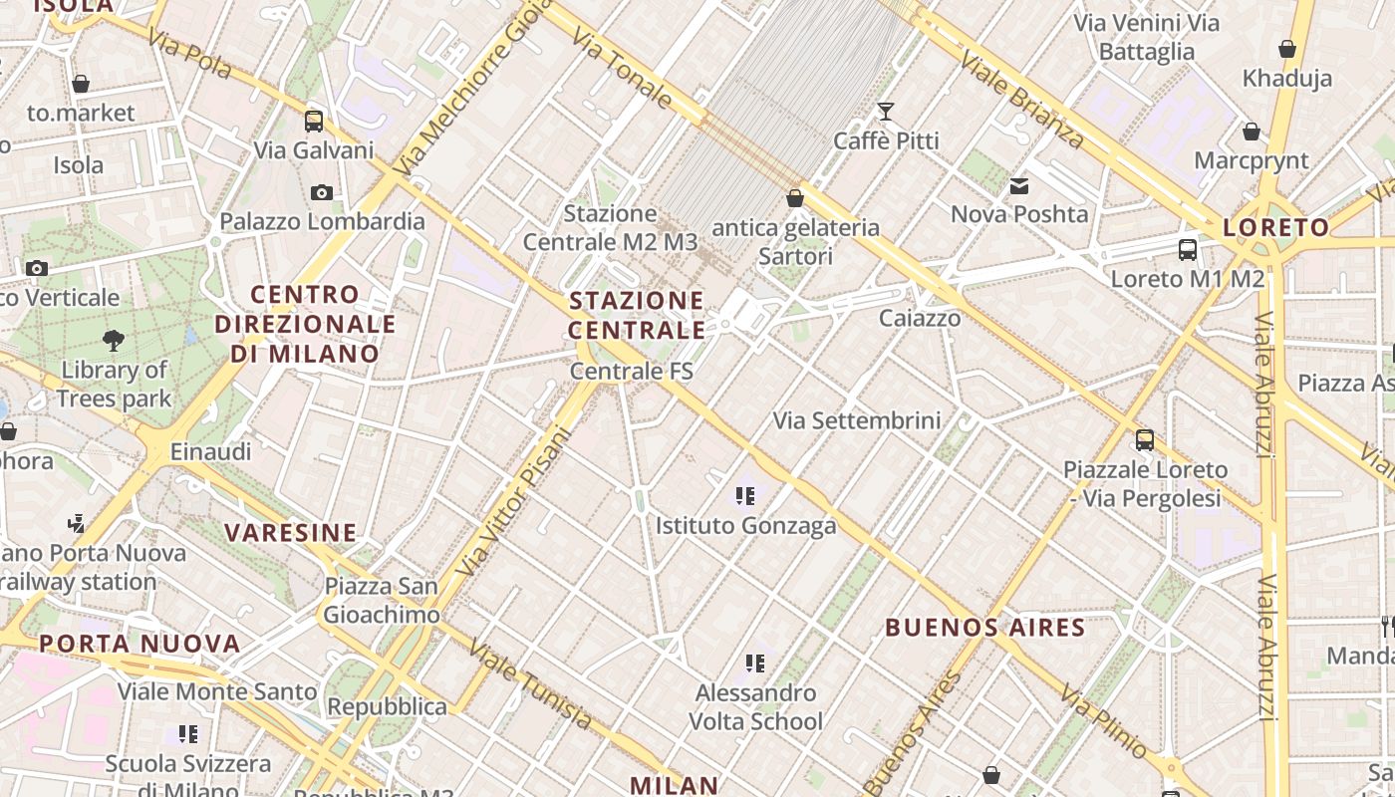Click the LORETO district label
coord(1275,227)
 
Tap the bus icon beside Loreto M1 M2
coord(1188,250)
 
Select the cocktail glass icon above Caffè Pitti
coord(885,111)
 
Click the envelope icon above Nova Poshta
coord(1019,186)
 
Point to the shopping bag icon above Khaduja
coord(1286,49)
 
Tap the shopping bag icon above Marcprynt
coord(1252,132)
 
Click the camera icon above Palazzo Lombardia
coord(322,192)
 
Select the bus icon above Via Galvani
coord(314,122)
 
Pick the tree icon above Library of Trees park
coord(114,341)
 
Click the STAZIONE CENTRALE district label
coord(637,315)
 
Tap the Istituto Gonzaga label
coord(745,525)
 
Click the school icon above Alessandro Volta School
coord(755,663)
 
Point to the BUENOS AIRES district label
coord(984,628)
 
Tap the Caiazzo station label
coord(920,318)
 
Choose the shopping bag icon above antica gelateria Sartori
coord(795,198)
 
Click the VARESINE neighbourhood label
coord(290,533)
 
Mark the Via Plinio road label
coord(1104,719)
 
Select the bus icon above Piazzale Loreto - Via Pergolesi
coord(1145,439)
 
